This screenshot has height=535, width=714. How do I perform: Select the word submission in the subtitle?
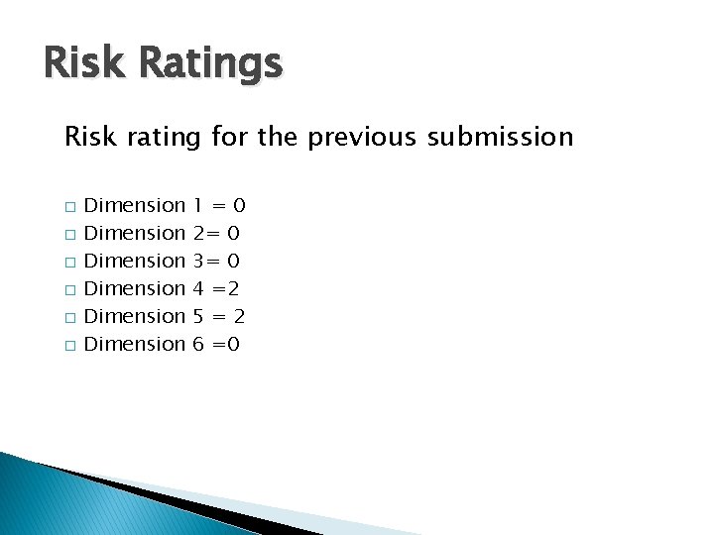tap(501, 137)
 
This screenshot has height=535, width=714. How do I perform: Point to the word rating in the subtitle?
tap(164, 137)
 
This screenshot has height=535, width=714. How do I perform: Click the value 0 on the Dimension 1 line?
tap(238, 206)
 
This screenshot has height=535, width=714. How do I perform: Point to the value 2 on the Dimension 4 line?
tap(234, 289)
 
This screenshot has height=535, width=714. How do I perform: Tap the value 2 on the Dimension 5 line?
tap(239, 317)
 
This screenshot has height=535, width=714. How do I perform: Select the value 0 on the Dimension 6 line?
tap(234, 345)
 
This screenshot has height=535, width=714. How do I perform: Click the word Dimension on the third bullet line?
tap(135, 262)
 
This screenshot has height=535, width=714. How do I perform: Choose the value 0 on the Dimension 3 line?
tap(234, 262)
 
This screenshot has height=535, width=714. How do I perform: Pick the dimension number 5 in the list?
tap(198, 317)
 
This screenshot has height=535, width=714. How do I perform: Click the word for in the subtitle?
tap(227, 137)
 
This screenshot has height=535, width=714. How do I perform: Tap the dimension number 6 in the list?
tap(198, 345)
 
